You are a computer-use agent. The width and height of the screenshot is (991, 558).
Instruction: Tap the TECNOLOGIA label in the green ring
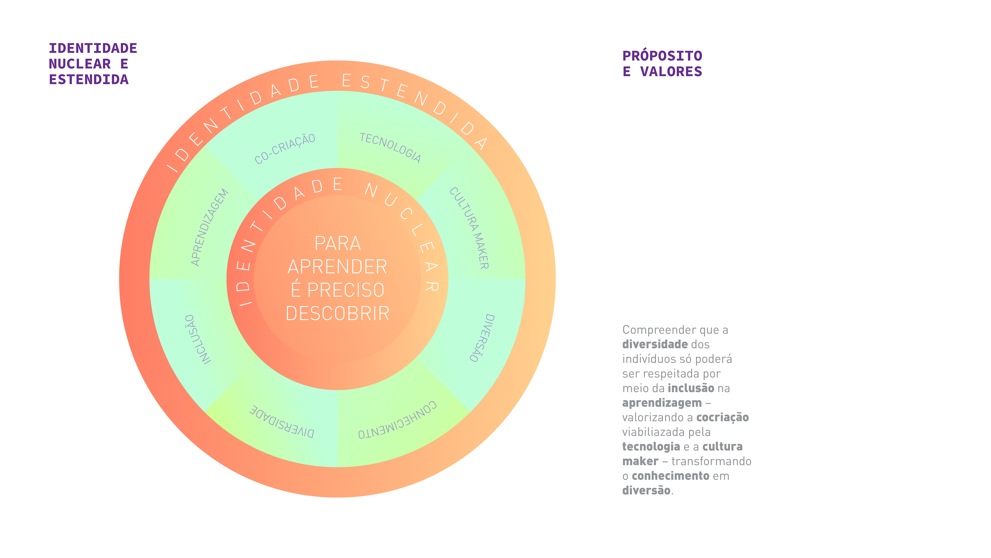(x=390, y=148)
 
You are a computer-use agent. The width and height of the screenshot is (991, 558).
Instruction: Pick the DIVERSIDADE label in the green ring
(x=282, y=422)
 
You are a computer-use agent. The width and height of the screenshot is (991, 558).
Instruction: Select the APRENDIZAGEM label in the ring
(x=210, y=227)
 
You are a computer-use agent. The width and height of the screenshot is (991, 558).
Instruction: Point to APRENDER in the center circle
(x=337, y=267)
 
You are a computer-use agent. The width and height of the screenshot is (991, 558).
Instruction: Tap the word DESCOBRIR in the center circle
(x=337, y=313)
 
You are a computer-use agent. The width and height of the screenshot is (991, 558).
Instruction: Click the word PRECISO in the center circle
(x=346, y=290)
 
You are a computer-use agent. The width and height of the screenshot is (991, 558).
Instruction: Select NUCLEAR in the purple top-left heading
(x=80, y=64)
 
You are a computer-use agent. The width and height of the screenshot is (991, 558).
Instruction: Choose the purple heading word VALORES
(x=671, y=72)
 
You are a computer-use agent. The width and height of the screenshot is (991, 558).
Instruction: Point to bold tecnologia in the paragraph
(x=651, y=447)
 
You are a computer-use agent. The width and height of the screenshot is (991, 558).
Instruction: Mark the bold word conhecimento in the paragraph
(x=670, y=476)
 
